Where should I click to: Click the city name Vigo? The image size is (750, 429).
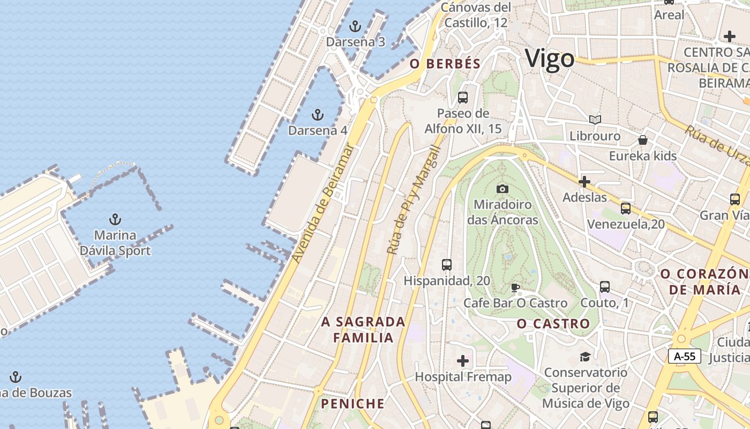[550, 58]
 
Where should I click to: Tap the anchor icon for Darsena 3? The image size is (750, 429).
[355, 26]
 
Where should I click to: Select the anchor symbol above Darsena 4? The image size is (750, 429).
[318, 114]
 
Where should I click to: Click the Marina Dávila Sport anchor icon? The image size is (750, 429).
[115, 219]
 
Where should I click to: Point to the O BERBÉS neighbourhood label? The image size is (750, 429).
[445, 64]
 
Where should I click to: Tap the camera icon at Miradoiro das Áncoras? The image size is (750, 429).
[502, 188]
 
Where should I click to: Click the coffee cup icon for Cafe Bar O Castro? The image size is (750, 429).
[515, 287]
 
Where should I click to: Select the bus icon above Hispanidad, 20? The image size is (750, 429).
[446, 264]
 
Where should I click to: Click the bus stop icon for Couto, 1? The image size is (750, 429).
[604, 287]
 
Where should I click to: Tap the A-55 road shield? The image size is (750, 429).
[684, 356]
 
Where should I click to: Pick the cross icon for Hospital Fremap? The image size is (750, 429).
[463, 361]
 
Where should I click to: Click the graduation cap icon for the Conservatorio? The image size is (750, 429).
[584, 357]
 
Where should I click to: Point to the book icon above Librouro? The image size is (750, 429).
[595, 120]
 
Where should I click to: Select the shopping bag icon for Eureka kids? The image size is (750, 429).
[642, 140]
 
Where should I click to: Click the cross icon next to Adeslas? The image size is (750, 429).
[584, 182]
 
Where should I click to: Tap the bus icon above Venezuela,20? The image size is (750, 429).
[625, 209]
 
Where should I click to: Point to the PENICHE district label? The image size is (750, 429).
[352, 404]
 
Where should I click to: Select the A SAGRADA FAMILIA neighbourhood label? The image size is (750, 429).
[363, 330]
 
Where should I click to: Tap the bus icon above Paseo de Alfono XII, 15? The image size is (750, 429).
[463, 98]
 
